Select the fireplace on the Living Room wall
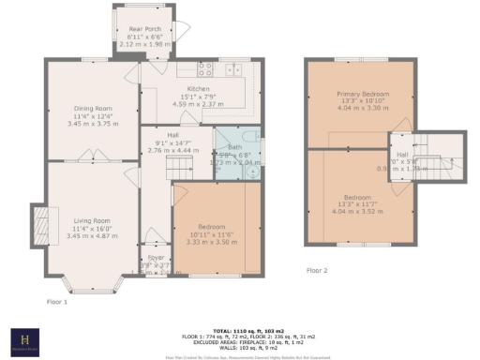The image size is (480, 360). [x=40, y=225]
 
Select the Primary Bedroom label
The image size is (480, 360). [x=362, y=95]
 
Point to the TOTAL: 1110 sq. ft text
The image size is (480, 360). [x=239, y=331]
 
